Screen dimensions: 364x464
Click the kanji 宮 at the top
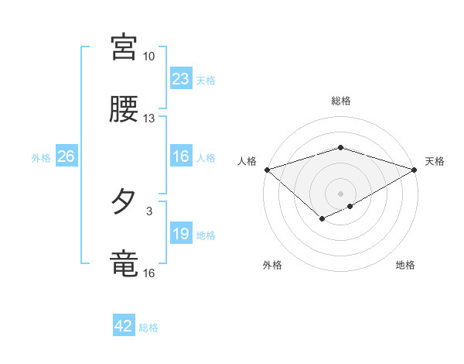point(124,47)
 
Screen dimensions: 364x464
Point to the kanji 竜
point(124,263)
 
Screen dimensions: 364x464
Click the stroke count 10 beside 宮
point(149,57)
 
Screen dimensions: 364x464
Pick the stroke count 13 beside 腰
point(149,118)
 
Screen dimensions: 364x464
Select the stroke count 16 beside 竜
point(149,273)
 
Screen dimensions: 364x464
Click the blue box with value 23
point(181,79)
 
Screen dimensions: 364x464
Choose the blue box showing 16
point(181,157)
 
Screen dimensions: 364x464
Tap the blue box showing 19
point(181,235)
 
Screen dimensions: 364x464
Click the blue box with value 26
point(67,157)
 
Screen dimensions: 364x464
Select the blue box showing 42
point(124,327)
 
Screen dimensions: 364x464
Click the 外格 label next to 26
point(41,158)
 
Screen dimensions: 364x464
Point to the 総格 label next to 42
point(148,328)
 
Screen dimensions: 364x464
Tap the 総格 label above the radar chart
point(340,101)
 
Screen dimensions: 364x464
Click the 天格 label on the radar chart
point(435,161)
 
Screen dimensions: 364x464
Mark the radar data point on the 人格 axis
point(267,169)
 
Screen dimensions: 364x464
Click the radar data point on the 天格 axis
point(415,169)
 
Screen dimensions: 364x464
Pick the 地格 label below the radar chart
point(405,266)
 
